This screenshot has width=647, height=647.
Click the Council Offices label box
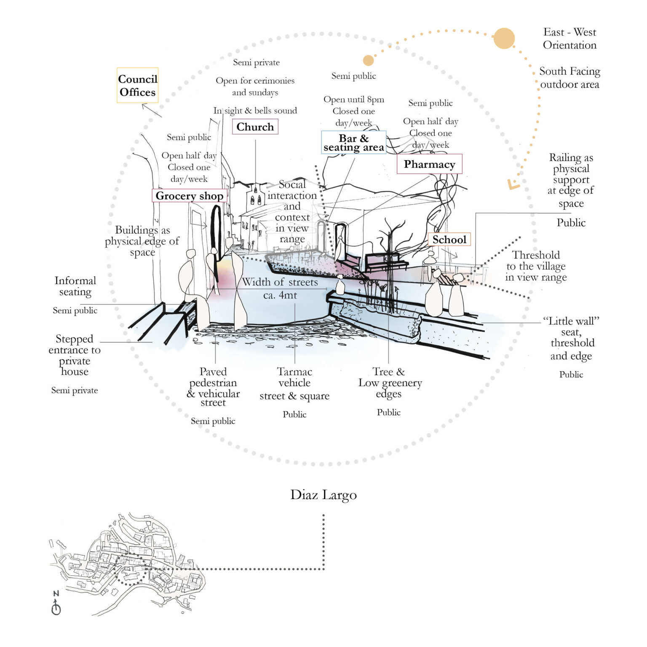137,86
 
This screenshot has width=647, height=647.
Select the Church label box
255,127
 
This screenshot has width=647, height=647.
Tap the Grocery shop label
189,196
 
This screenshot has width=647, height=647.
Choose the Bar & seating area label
353,142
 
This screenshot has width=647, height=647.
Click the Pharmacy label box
429,164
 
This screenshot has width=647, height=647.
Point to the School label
449,240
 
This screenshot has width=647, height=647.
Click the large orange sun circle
504,39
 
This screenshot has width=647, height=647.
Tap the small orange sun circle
368,60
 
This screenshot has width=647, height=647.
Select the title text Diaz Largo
323,495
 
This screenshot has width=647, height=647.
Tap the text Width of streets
280,282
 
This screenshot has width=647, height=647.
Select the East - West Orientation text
569,39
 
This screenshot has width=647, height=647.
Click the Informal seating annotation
75,286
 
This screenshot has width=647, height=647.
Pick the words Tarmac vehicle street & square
294,384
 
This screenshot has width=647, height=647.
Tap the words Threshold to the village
536,261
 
